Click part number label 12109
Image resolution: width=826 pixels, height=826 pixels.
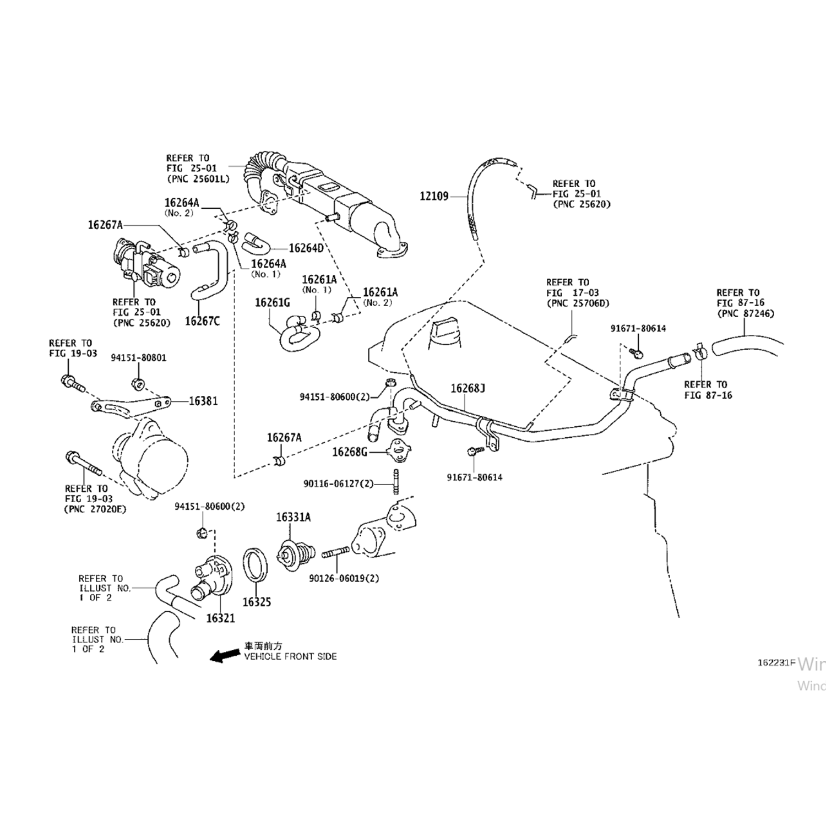(434, 196)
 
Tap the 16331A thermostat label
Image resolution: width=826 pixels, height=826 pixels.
(293, 517)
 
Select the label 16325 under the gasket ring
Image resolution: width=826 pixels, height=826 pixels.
(257, 602)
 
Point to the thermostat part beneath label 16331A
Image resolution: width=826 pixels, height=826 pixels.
(296, 551)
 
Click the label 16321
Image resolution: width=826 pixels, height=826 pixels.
(220, 618)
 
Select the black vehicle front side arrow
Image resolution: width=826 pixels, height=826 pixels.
(222, 655)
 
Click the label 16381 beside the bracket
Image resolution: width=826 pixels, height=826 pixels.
(203, 401)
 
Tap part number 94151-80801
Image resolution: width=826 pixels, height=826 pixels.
(138, 358)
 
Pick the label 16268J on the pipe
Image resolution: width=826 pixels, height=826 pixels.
(468, 389)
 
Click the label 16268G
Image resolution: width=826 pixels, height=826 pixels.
(349, 452)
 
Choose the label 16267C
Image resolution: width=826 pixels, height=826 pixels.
(202, 321)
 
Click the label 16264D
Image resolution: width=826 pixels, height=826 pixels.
(306, 248)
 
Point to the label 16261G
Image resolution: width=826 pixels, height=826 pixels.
(272, 303)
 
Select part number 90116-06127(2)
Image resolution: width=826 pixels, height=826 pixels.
(338, 483)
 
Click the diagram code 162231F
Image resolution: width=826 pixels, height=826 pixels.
(776, 662)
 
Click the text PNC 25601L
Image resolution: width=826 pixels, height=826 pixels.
(198, 178)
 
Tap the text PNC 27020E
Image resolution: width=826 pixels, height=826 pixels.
(95, 509)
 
